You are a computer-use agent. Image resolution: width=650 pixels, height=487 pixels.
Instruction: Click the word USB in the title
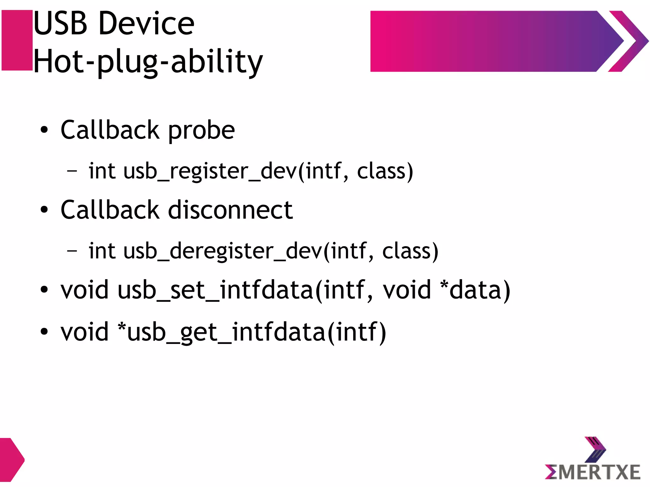tap(60, 23)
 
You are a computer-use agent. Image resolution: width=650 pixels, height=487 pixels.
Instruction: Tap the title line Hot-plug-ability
tap(148, 62)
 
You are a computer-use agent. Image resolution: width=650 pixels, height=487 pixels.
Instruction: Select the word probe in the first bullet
tap(201, 130)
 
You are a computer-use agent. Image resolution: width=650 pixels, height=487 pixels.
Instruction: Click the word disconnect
tap(230, 210)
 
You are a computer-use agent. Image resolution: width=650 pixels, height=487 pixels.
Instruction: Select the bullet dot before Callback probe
tap(44, 130)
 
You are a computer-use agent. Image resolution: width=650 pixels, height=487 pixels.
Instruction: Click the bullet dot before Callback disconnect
tap(44, 210)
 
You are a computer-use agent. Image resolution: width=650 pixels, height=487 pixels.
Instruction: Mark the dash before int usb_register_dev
tap(72, 171)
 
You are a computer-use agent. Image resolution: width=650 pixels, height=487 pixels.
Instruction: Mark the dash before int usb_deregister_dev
tap(72, 251)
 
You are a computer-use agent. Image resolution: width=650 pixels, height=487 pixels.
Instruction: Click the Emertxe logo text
tap(593, 472)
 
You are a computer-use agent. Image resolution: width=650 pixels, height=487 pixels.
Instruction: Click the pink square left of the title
tap(17, 40)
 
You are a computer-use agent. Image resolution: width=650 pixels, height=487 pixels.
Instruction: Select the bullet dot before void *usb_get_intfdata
tap(44, 332)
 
